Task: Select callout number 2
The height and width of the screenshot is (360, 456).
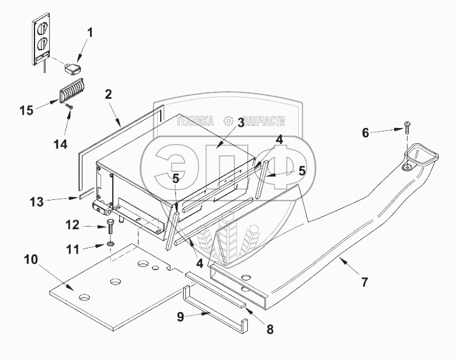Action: point(108,93)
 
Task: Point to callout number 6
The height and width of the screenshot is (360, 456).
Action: point(365,133)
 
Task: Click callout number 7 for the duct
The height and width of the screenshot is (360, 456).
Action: point(364,282)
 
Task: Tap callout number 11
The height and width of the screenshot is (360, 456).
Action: point(72,248)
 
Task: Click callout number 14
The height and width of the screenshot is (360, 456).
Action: point(61,144)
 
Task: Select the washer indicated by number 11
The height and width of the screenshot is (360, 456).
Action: point(110,243)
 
